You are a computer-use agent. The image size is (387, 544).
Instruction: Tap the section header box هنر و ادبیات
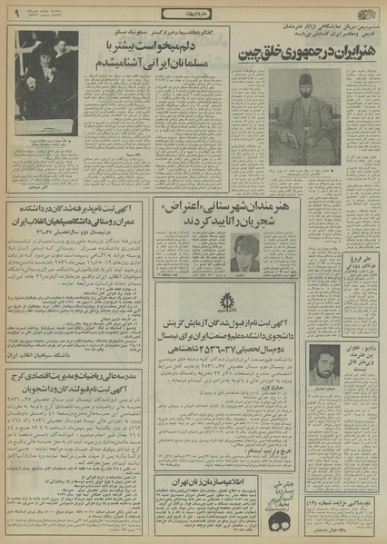[x=193, y=13]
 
